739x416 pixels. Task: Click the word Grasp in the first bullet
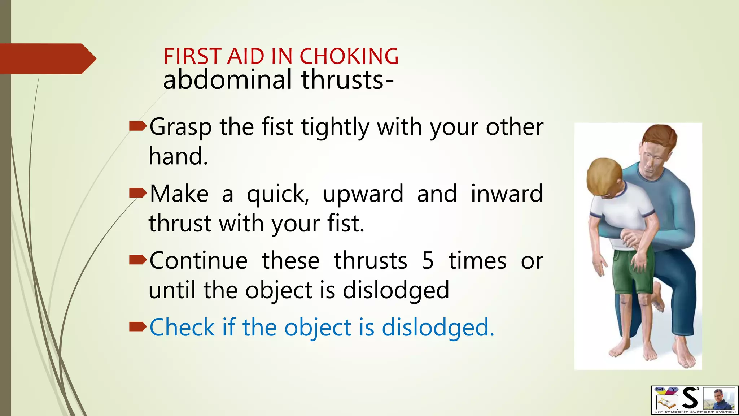coord(180,127)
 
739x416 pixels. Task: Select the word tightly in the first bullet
coord(336,127)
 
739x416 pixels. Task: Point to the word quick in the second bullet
coord(277,194)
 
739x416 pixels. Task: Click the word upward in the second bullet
coord(363,194)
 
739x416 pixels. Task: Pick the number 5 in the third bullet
coord(428,261)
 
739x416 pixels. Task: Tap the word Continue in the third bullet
coord(199,261)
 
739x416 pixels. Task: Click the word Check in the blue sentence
coord(182,327)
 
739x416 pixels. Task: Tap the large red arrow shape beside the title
coord(47,58)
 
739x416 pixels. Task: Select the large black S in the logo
coord(690,398)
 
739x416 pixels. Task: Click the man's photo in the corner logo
coord(720,399)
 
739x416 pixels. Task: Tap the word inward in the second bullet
coord(507,194)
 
